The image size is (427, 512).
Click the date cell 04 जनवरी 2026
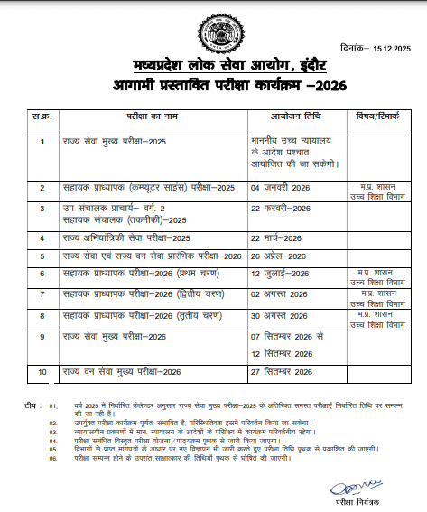click(x=280, y=187)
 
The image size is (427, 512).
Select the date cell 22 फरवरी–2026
click(x=281, y=208)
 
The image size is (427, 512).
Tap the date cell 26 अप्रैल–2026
click(x=279, y=256)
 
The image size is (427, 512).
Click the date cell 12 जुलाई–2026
click(x=280, y=272)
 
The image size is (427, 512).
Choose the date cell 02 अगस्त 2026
click(x=280, y=293)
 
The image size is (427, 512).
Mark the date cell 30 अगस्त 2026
click(x=280, y=315)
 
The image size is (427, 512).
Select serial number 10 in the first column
click(x=42, y=371)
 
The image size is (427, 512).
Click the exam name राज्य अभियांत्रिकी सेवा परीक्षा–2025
click(x=126, y=237)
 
